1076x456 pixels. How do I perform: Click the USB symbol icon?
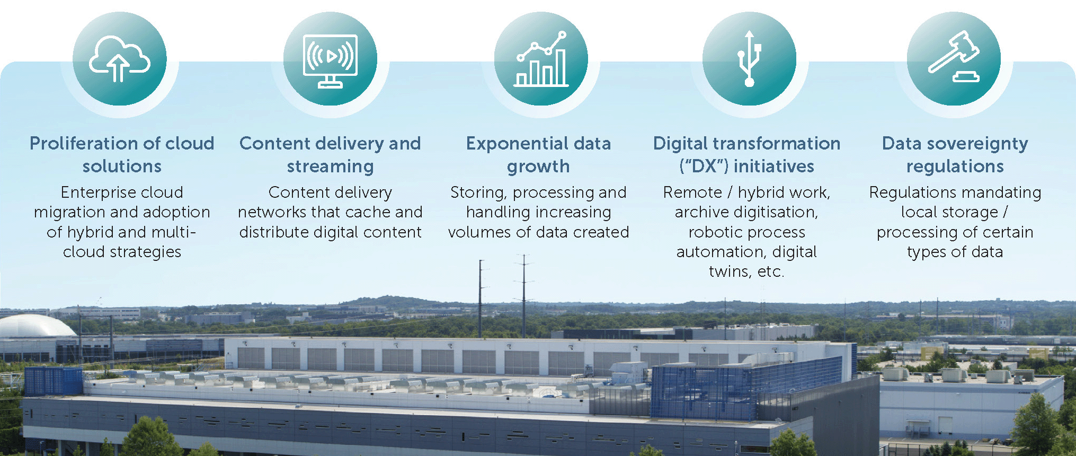click(749, 59)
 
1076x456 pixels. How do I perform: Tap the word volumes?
click(479, 232)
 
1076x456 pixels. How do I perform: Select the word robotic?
click(716, 232)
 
